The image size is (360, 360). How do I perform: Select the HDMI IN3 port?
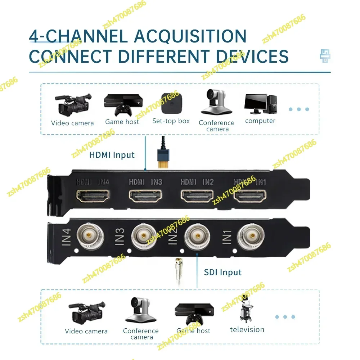tap(146, 197)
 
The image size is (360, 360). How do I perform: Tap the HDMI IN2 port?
tap(197, 197)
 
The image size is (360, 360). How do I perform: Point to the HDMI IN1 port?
tap(250, 197)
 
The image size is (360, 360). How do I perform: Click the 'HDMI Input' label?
tap(112, 155)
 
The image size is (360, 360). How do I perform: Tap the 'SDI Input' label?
tap(223, 272)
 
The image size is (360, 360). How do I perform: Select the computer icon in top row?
tap(260, 104)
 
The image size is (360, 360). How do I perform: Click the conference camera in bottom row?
tap(140, 310)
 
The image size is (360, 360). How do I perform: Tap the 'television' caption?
tap(247, 329)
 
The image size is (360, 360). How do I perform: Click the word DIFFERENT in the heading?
tap(164, 57)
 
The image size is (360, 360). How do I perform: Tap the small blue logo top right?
tap(325, 56)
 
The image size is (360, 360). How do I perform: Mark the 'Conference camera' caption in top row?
tap(216, 126)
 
